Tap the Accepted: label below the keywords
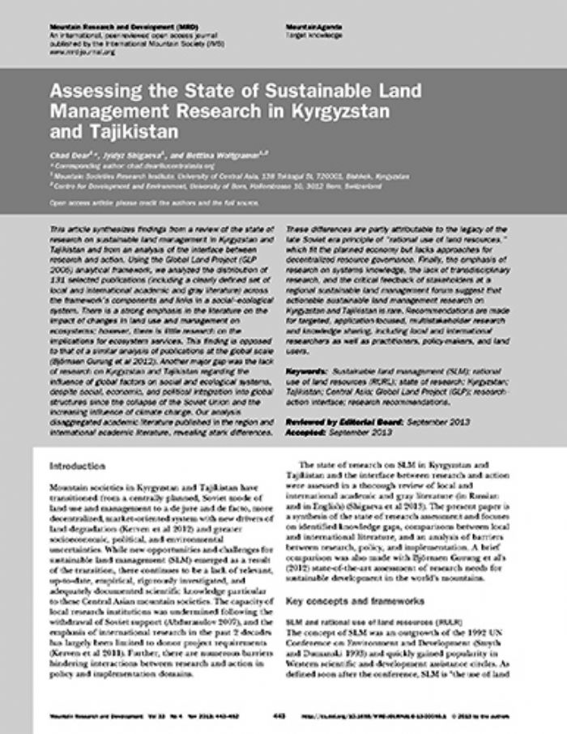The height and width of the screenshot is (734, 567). pos(307,408)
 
